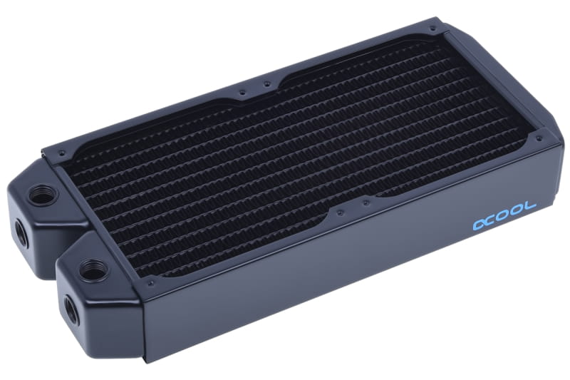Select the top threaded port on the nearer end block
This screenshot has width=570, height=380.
coord(92,270)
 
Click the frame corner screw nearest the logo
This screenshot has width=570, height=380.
coord(539,138)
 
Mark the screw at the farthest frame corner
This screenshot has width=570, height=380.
coord(432,29)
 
